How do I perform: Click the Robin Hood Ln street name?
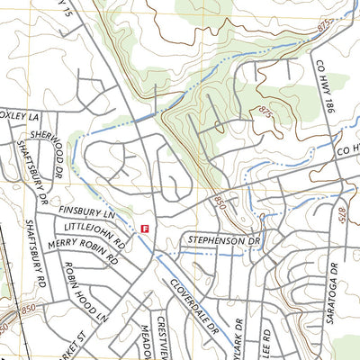coord(85,292)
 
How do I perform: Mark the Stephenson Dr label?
coord(223,241)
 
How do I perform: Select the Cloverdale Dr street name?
coord(193,307)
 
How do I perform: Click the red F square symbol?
coord(145,229)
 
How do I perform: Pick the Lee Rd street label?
coord(266,343)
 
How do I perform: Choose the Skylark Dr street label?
coord(236,338)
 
